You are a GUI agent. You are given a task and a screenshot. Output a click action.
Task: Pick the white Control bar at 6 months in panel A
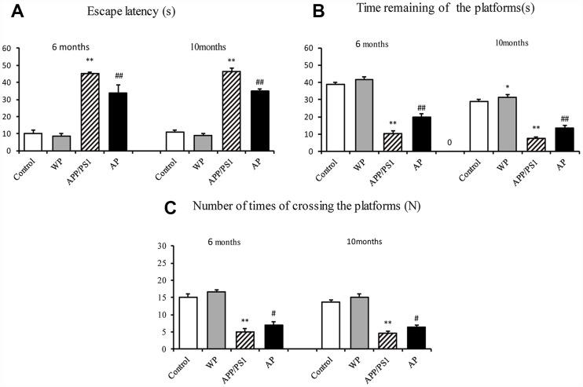tap(32, 141)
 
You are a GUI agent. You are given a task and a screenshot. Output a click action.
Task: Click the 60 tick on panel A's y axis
tap(7, 48)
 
